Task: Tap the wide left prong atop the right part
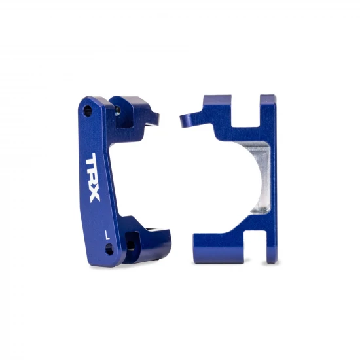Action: [219, 105]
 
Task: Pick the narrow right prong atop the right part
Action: [268, 105]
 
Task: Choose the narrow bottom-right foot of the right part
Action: [268, 252]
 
